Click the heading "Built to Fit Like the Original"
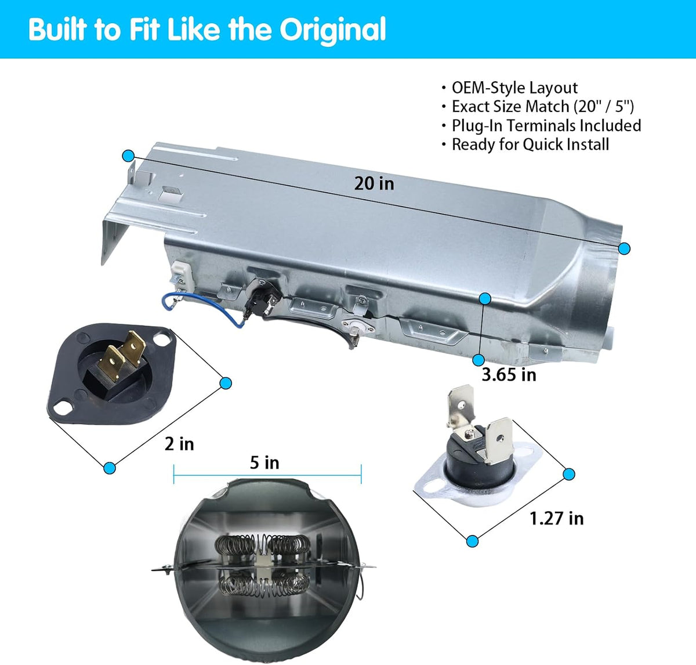pyautogui.click(x=208, y=29)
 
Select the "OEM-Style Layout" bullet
pyautogui.click(x=514, y=88)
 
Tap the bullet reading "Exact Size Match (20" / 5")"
pyautogui.click(x=542, y=107)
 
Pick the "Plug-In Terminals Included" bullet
pyautogui.click(x=546, y=125)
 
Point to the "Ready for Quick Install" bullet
pyautogui.click(x=530, y=144)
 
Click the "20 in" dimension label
pyautogui.click(x=374, y=183)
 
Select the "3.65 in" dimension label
pyautogui.click(x=509, y=375)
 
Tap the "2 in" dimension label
pyautogui.click(x=179, y=444)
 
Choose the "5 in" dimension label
pyautogui.click(x=264, y=463)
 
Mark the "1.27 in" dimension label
pyautogui.click(x=556, y=519)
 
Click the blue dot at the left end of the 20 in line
pyautogui.click(x=128, y=156)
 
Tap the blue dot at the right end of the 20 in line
pyautogui.click(x=624, y=249)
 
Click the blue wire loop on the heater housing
pyautogui.click(x=202, y=308)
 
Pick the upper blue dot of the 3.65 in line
pyautogui.click(x=485, y=299)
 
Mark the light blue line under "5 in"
pyautogui.click(x=267, y=475)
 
